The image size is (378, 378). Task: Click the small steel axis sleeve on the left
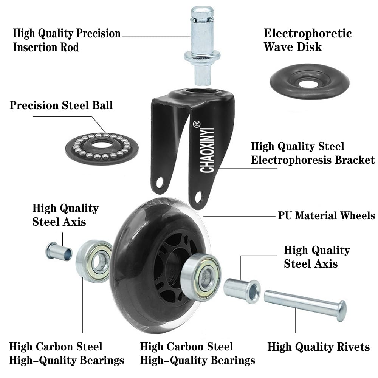pyautogui.click(x=59, y=251)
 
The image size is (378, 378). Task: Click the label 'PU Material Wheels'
pyautogui.click(x=326, y=216)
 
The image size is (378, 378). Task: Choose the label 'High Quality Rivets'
pyautogui.click(x=319, y=347)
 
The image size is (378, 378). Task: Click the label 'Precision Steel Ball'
pyautogui.click(x=61, y=105)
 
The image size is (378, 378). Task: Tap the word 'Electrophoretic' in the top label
pyautogui.click(x=307, y=34)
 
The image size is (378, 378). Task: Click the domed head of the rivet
pyautogui.click(x=341, y=310)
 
